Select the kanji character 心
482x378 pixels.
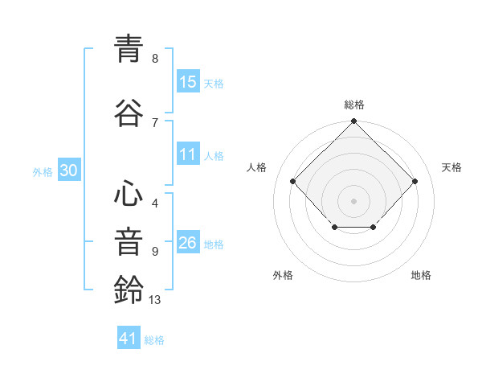(129, 195)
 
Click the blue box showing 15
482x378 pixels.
(188, 82)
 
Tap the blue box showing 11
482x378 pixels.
(188, 155)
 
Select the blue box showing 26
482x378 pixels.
(188, 244)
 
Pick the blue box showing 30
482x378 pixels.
(68, 171)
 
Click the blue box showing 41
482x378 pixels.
(129, 339)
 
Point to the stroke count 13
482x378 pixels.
(155, 300)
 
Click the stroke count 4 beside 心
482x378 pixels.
(154, 203)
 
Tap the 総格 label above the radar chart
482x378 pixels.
(353, 105)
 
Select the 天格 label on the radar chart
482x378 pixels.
(451, 167)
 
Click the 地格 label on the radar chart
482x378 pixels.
(421, 275)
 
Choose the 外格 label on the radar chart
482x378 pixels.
(283, 275)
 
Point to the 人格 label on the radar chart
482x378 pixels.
(256, 167)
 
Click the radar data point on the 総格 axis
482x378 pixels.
(353, 122)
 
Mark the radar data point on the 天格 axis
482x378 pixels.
(415, 182)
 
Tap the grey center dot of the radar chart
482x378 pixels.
(353, 200)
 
